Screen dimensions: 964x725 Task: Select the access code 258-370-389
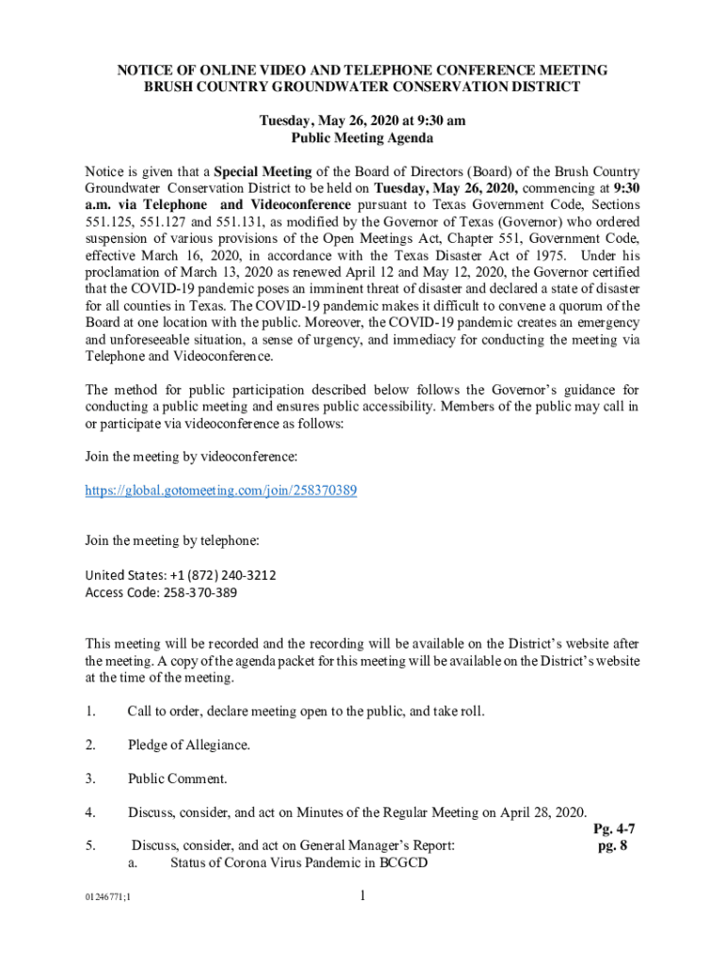click(190, 592)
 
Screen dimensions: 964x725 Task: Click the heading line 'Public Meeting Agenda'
click(362, 138)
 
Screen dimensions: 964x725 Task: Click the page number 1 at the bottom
click(362, 896)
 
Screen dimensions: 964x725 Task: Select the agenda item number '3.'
click(91, 779)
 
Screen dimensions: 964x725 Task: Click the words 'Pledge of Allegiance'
click(188, 745)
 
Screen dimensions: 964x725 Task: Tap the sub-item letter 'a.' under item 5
click(134, 863)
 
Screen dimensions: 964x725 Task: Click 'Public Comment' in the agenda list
click(177, 779)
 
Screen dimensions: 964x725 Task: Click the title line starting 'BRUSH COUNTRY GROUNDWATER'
click(362, 88)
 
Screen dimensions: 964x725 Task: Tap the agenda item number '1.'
click(91, 711)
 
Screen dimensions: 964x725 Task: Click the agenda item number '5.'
click(91, 846)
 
